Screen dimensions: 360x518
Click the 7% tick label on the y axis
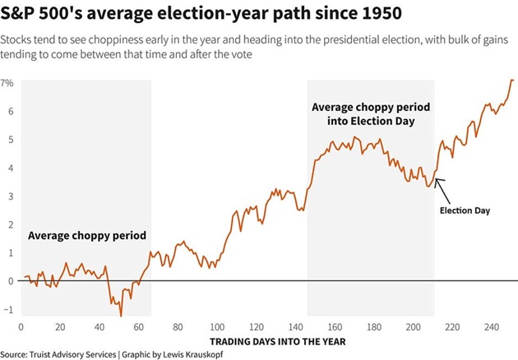7,84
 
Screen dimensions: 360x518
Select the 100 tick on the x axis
217,326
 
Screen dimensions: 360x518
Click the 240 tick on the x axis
491,326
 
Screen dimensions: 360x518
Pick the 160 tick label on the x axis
335,326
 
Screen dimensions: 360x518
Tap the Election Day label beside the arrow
465,211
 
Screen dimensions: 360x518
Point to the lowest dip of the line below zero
121,315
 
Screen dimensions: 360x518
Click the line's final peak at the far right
511,80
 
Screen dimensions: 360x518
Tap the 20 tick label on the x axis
59,326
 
